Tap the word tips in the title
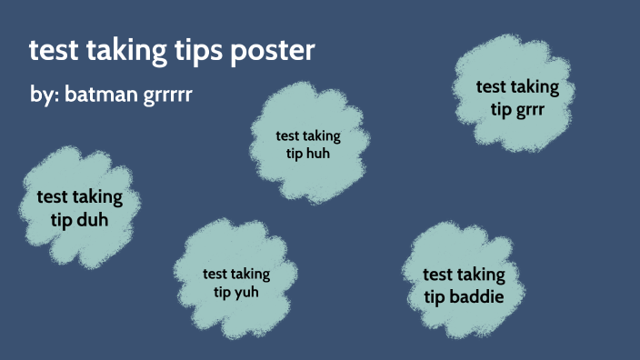197,51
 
